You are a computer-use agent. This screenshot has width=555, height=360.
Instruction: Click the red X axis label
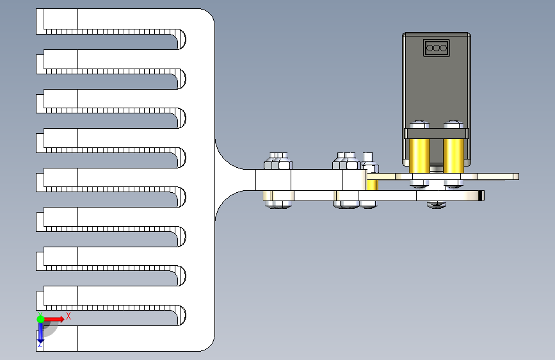[68, 316]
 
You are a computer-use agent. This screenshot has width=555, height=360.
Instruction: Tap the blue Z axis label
[40, 344]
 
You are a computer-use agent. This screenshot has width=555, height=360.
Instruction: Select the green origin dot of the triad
[41, 319]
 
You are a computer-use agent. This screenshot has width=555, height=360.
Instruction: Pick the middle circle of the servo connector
[437, 48]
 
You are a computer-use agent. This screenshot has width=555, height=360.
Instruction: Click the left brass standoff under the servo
[419, 156]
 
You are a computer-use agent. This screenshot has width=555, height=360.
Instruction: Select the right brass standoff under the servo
[453, 156]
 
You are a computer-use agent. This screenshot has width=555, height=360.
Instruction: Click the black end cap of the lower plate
[481, 195]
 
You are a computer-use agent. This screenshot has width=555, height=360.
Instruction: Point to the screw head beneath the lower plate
[437, 204]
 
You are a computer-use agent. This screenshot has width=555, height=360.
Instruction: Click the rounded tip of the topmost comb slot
[181, 39]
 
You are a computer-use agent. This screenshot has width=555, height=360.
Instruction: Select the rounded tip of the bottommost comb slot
[181, 315]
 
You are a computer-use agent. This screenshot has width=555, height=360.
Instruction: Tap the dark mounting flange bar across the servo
[437, 134]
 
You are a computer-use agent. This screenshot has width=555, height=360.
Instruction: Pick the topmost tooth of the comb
[106, 21]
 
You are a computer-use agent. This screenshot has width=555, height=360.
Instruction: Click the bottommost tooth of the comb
[106, 338]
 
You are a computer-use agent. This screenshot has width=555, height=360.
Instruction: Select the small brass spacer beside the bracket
[372, 185]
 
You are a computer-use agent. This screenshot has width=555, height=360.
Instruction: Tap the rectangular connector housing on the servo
[437, 48]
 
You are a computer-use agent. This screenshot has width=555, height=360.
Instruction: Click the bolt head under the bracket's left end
[279, 204]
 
